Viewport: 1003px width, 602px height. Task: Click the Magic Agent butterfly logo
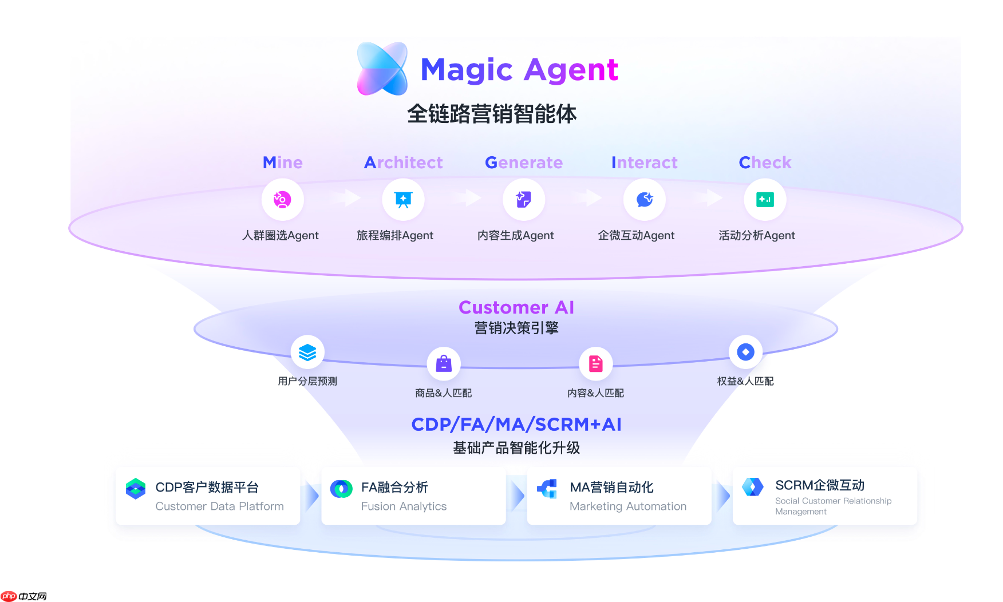click(382, 69)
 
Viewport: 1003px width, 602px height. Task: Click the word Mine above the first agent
click(282, 163)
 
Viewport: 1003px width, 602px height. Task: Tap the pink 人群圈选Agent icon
click(282, 200)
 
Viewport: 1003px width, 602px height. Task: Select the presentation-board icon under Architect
click(403, 200)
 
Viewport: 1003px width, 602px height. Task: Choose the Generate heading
click(523, 163)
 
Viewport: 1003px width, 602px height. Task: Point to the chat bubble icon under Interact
click(645, 200)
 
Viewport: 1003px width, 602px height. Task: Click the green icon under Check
click(765, 200)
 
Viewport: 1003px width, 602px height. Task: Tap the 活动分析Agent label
click(756, 235)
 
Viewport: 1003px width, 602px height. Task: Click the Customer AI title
click(516, 307)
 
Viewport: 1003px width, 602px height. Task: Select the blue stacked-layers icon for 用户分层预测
click(307, 352)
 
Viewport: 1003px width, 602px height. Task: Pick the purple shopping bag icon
click(444, 364)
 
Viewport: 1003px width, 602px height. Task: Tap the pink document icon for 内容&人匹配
click(596, 364)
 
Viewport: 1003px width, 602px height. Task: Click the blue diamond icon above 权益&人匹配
click(745, 352)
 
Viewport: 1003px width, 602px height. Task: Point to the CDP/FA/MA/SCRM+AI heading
click(516, 425)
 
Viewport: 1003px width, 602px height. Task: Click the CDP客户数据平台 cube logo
click(136, 489)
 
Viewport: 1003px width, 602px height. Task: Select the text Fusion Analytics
click(404, 506)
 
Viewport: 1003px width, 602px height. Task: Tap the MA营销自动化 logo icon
click(547, 489)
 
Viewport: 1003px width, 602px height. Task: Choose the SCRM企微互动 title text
click(819, 485)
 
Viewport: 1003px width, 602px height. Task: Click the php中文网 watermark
click(24, 596)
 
